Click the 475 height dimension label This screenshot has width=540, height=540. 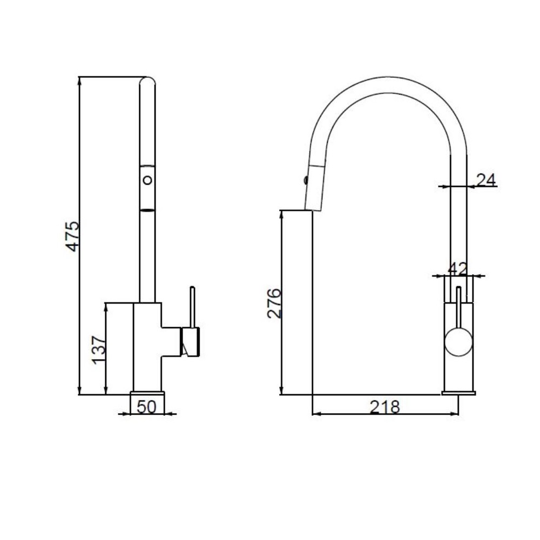(72, 237)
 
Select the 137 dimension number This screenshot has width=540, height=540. (99, 350)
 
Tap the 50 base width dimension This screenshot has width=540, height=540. (147, 407)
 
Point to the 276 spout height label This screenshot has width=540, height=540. (274, 303)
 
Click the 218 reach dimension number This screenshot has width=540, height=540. (385, 407)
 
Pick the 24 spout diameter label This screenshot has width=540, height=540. (486, 180)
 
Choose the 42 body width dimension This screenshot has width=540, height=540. (457, 268)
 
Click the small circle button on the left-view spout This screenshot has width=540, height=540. (147, 180)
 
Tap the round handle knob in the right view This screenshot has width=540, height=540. (458, 342)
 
